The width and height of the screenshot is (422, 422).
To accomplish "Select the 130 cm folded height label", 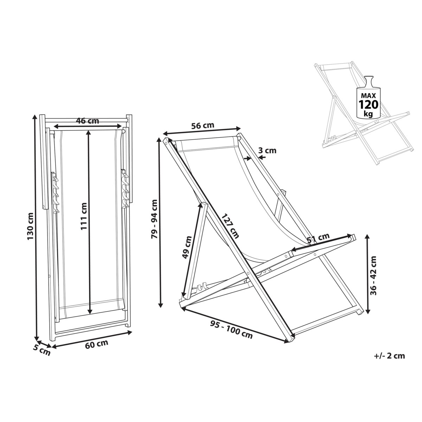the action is [30, 226].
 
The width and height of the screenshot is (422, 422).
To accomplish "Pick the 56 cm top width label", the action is [203, 126].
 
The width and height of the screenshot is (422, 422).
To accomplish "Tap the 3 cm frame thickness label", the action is [267, 151].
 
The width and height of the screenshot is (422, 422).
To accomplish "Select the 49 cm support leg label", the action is [187, 247].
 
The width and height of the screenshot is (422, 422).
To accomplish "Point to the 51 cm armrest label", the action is [318, 238].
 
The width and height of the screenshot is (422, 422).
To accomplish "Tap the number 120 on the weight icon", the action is [368, 105].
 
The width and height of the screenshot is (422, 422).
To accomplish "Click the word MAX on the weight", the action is [368, 96].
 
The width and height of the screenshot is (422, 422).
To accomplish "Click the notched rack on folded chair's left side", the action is [55, 193].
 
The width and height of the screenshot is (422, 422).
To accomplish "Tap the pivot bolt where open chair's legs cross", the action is [248, 274].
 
